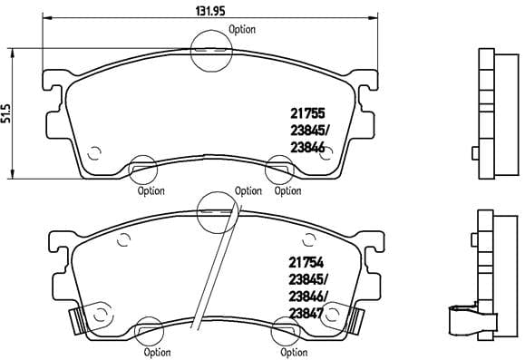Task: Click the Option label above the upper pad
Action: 242,29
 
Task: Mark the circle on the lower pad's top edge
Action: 216,209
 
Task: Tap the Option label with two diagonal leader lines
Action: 248,190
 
